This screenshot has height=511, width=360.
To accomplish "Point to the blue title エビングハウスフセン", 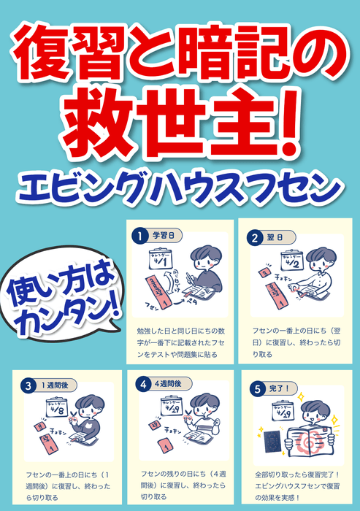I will tap(179, 188).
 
